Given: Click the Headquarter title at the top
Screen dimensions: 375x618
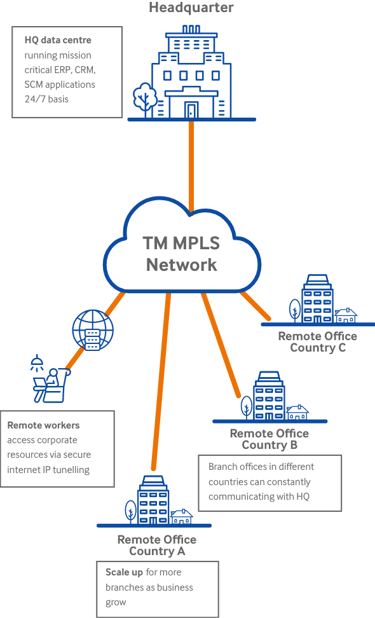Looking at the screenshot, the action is [191, 7].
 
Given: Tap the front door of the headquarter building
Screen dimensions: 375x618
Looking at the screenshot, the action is [191, 110].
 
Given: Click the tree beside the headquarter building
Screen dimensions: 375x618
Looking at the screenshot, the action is [144, 99].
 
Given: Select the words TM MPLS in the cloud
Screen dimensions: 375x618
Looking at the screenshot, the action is [181, 243].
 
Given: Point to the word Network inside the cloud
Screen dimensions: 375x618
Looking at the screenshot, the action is [182, 264].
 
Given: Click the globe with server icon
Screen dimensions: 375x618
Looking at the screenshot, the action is [93, 330].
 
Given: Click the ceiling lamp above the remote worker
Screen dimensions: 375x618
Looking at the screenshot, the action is [37, 362].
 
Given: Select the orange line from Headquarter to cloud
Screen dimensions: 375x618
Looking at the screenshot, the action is [191, 167].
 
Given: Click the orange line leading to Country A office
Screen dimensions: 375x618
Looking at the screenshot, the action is [161, 381].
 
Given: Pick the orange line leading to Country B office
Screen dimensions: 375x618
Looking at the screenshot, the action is [221, 345].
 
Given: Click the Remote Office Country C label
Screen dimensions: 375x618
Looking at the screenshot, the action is [318, 341].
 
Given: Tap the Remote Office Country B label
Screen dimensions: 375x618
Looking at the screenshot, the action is [269, 439].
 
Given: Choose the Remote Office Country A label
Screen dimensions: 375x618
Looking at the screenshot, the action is [157, 545].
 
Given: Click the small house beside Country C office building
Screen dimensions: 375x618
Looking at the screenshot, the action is [346, 315].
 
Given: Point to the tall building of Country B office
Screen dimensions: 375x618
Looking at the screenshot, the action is [269, 395].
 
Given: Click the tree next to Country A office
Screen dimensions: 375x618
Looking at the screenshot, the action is [131, 512].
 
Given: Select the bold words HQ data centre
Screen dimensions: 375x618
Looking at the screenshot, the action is [58, 40].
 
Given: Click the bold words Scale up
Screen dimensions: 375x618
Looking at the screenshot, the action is [124, 572].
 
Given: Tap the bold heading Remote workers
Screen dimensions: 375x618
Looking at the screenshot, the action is [43, 425].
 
